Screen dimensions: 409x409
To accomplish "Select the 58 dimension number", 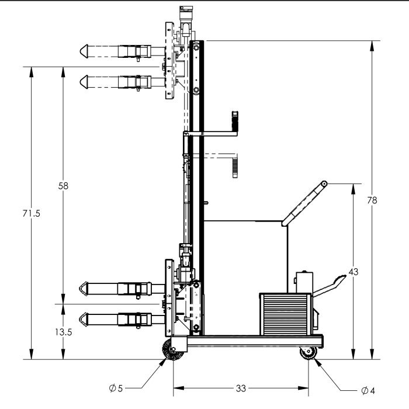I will pos(63,186).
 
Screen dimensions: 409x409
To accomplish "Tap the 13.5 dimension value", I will pos(63,332).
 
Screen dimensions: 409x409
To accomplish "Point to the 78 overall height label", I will pos(372,200).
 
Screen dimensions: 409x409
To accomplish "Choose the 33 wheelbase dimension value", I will pos(240,387).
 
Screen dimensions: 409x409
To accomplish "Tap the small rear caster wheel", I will pos(307,353).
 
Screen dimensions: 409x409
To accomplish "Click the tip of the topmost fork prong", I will pos(82,51).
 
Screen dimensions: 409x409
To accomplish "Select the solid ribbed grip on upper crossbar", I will pos(235,120).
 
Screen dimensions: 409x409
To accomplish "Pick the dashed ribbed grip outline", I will pos(235,165).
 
